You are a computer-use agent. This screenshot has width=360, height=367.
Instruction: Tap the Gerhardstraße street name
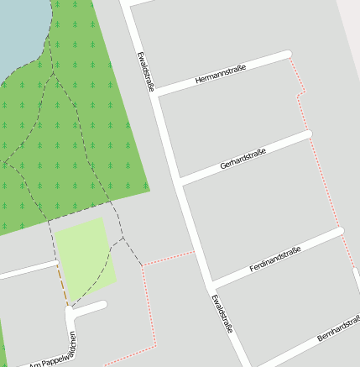[243, 158]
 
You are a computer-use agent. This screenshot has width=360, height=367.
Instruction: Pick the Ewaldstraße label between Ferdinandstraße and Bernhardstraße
[222, 313]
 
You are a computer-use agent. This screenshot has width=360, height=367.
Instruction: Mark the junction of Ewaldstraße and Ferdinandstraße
[211, 284]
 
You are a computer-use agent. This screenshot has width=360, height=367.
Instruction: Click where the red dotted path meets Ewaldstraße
[195, 250]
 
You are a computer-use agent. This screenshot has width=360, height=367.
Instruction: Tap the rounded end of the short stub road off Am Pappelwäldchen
[102, 305]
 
